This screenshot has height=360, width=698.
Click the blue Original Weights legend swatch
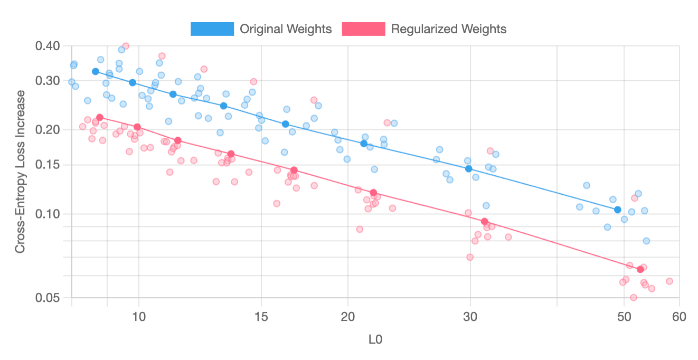point(212,29)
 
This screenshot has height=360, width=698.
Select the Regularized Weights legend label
point(448,29)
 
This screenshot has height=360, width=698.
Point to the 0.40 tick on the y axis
point(48,46)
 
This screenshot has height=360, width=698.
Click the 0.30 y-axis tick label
point(48,81)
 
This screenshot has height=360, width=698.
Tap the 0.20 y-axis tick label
point(48,130)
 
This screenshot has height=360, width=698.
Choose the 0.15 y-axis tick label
point(48,165)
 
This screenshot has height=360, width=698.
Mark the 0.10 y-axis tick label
point(48,214)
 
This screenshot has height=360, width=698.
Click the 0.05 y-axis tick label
point(48,298)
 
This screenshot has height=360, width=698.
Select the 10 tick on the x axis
point(139,317)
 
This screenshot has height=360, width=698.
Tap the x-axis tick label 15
point(261,317)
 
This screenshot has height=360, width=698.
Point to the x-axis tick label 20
point(348,317)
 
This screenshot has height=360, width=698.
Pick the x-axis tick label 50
point(624,317)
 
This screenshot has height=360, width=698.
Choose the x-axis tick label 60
point(679,317)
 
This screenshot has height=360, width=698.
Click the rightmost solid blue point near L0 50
point(618,210)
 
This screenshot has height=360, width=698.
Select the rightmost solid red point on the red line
point(640,269)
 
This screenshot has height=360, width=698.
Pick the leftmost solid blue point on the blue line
point(96,71)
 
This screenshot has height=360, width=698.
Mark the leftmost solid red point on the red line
point(100,117)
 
